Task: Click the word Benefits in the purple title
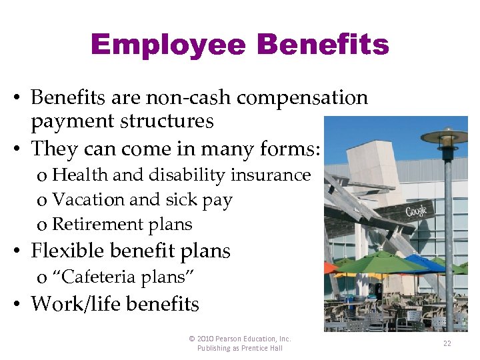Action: [x=323, y=45]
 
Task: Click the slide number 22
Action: [x=447, y=343]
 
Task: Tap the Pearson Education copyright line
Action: [x=240, y=339]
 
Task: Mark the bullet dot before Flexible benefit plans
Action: [x=20, y=252]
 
